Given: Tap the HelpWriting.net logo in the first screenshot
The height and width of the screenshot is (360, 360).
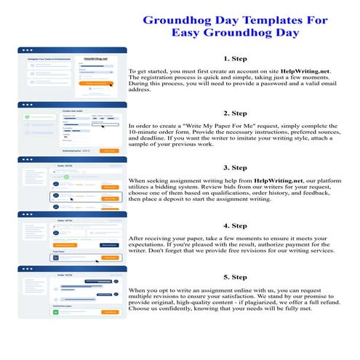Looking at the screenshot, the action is tap(96, 57).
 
